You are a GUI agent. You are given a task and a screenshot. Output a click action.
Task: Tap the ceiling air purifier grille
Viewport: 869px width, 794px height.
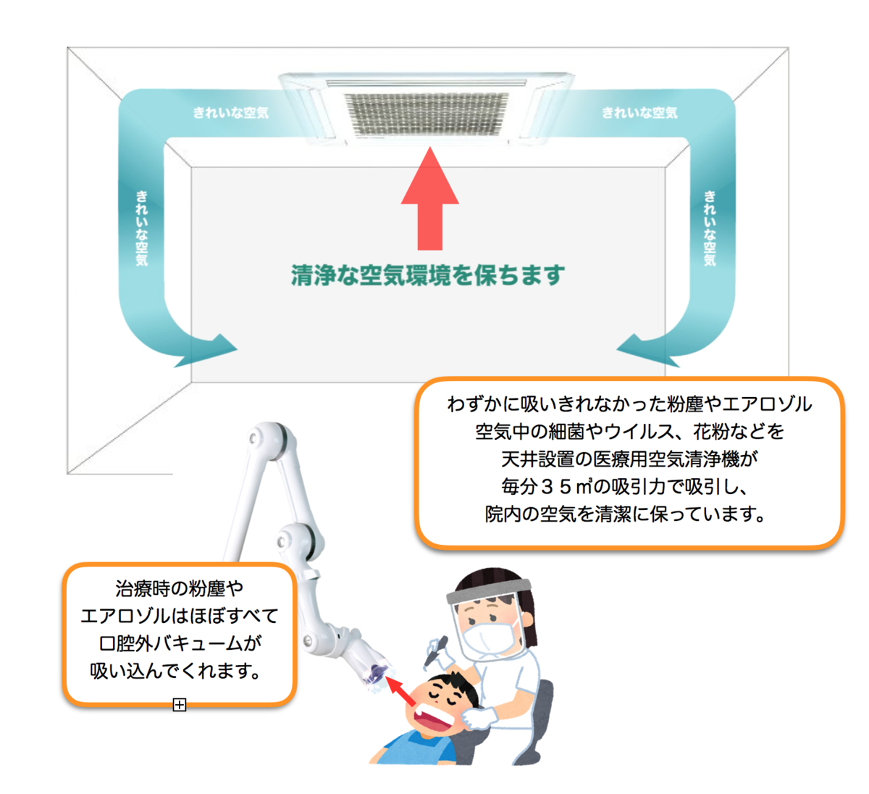pos(427,114)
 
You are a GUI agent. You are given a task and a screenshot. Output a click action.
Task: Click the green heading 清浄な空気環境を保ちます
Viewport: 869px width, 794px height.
pos(428,275)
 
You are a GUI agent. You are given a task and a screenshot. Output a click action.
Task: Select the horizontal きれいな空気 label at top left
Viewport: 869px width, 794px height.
pos(231,113)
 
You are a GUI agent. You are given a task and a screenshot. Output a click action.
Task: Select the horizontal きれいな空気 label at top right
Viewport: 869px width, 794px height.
pos(640,113)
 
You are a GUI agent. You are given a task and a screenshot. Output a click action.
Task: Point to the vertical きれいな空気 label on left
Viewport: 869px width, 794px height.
pos(142,228)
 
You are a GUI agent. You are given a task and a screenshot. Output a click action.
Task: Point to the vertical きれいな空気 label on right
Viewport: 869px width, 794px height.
pos(710,228)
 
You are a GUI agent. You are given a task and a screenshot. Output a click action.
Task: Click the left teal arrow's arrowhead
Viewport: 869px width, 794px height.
pos(208,350)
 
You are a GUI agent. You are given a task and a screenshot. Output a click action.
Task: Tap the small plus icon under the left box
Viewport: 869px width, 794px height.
pos(180,705)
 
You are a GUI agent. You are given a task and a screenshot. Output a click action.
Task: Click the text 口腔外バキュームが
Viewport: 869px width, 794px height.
pos(180,643)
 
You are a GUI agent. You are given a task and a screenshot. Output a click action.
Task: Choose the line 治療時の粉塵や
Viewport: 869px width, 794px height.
pos(180,588)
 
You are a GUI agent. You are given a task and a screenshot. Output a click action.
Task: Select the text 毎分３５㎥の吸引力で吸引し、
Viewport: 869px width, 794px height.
pos(624,487)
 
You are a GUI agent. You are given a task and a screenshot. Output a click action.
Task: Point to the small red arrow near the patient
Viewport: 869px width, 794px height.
pos(400,691)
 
